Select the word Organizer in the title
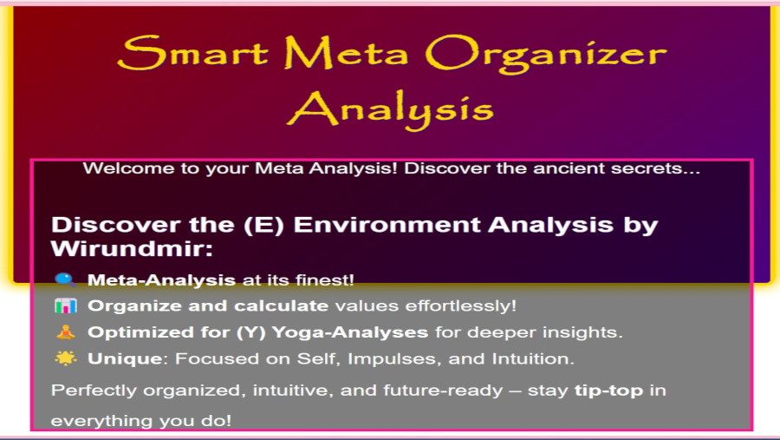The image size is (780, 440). point(546,56)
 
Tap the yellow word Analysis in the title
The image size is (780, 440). point(391,108)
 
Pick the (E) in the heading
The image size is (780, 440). point(263,226)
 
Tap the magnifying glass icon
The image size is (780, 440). point(66,280)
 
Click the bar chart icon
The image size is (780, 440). point(66,306)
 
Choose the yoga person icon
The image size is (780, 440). point(66,332)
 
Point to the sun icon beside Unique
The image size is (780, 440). point(66,358)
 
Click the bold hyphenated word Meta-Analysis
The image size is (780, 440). point(161,280)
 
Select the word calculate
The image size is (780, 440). point(281,305)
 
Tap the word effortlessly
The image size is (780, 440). point(461,306)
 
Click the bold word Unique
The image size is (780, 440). point(124,358)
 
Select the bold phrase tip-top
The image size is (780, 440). point(609,391)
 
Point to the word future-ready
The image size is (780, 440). point(443,391)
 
